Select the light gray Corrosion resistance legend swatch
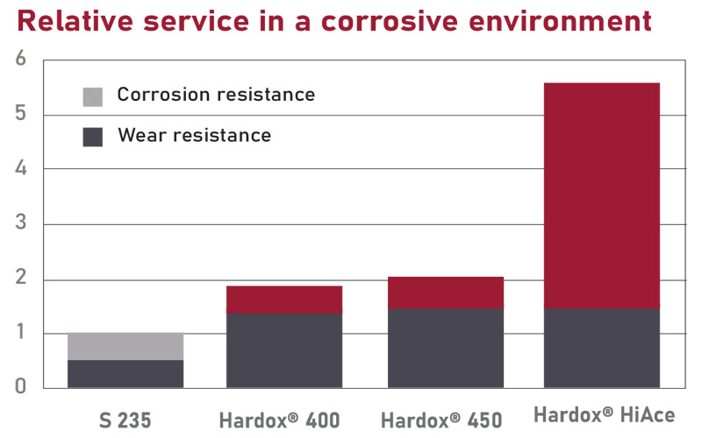[x=92, y=96]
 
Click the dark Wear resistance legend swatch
[x=92, y=137]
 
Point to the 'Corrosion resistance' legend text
[x=216, y=95]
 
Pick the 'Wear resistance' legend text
[x=194, y=135]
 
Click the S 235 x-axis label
[x=125, y=419]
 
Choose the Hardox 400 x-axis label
[x=283, y=419]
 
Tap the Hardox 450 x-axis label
[x=444, y=419]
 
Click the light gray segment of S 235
[x=125, y=347]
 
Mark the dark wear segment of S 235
[x=125, y=374]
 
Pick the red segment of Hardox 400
[x=283, y=300]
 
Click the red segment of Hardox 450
[x=446, y=293]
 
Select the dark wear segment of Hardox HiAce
[x=601, y=348]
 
